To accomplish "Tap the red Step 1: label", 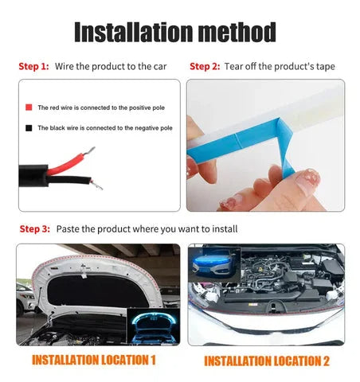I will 33,66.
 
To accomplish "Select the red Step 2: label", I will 204,66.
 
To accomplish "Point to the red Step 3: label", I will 33,228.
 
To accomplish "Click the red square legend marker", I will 29,107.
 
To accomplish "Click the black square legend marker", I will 29,127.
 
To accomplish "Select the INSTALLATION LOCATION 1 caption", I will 94,360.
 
